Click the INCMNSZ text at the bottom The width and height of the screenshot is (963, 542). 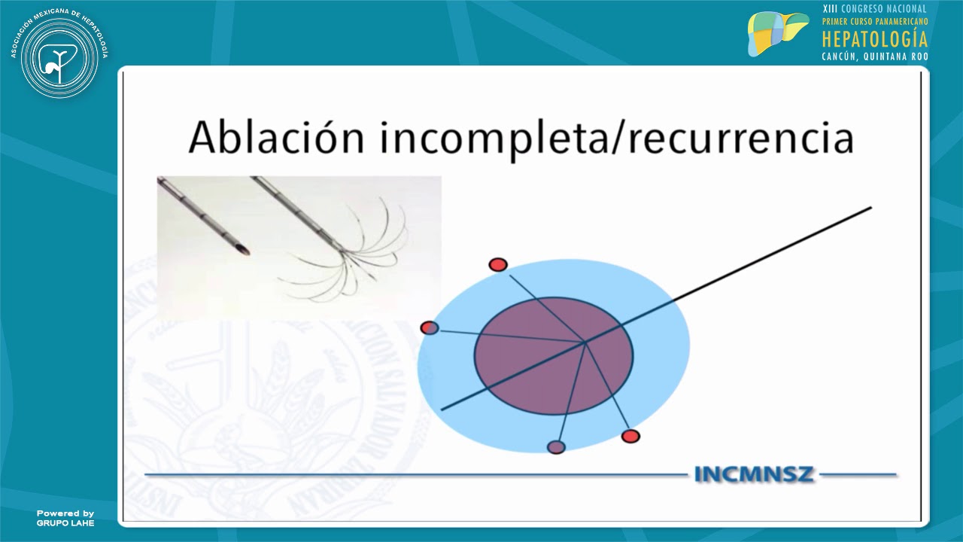point(754,475)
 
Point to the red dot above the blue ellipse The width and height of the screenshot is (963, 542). point(497,264)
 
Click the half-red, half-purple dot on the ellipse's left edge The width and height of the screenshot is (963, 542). point(429,327)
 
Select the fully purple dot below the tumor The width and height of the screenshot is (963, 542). point(556,447)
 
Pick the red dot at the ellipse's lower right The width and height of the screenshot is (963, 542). point(630,436)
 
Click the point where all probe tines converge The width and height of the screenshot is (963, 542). point(585,343)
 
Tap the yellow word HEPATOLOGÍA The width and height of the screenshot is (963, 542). point(875,39)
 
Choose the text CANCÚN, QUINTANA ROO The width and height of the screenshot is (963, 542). point(875,56)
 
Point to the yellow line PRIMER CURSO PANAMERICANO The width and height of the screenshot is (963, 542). point(875,22)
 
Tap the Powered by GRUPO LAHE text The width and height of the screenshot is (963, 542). point(65,518)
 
